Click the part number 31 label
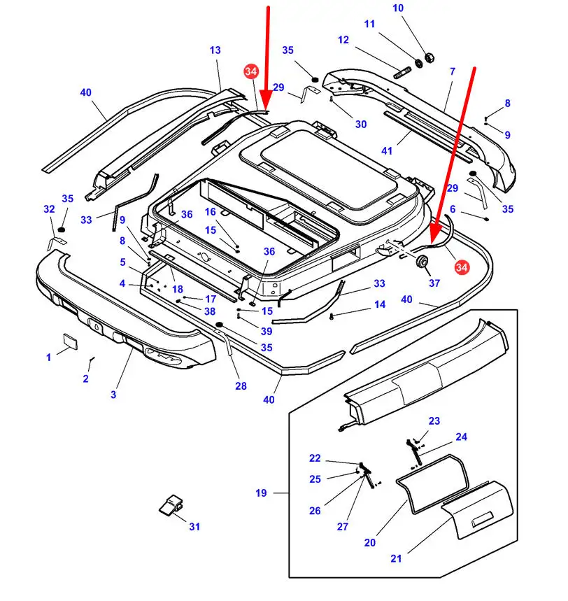194,527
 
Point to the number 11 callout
369,24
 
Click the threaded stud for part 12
404,72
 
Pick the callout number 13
215,50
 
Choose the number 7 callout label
453,71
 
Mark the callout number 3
113,395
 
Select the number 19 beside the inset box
261,493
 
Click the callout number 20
370,542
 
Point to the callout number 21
397,558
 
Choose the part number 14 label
380,304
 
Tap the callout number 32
48,209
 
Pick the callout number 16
211,212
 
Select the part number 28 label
241,386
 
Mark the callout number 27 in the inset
342,527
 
